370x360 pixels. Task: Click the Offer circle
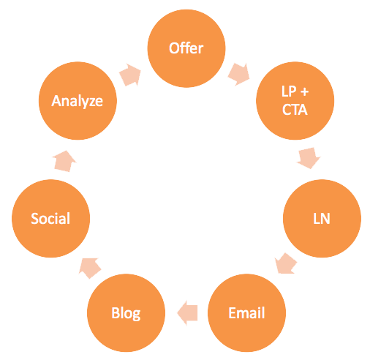[x=186, y=48]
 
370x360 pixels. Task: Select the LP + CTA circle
[x=295, y=101]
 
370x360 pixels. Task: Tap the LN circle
[x=322, y=218]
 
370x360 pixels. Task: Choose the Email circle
[x=246, y=312]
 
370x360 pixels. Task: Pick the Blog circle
[x=126, y=312]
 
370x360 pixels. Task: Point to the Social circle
[x=50, y=218]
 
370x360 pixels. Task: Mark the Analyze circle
[x=78, y=101]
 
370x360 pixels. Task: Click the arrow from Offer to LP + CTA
[x=239, y=75]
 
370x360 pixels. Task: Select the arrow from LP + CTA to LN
[x=309, y=158]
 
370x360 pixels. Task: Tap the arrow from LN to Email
[x=286, y=263]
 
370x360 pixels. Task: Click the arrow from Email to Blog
[x=187, y=312]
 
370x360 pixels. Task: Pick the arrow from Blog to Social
[x=90, y=268]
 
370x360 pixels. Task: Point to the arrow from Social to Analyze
[x=64, y=161]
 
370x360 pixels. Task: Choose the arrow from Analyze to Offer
[x=130, y=75]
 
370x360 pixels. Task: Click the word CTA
[x=295, y=110]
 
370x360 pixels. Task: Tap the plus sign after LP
[x=304, y=92]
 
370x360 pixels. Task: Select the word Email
[x=246, y=313]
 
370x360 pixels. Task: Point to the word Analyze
[x=78, y=102]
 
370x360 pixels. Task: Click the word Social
[x=50, y=218]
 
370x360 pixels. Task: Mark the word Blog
[x=126, y=314]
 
